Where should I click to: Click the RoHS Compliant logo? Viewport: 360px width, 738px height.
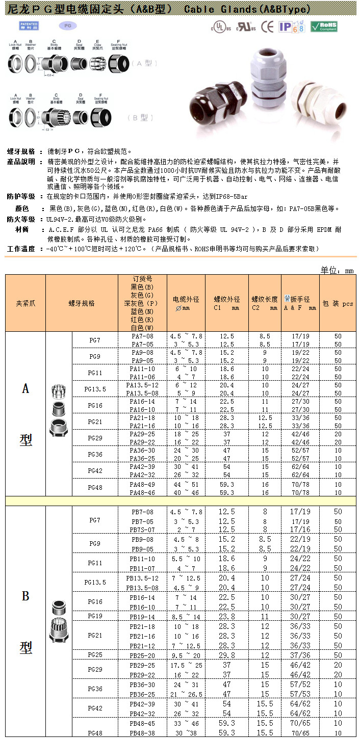tap(324, 27)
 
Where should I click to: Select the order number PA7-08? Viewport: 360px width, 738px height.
tap(142, 337)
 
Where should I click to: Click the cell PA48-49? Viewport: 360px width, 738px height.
tap(142, 485)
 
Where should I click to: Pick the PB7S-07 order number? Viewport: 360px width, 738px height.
tap(142, 530)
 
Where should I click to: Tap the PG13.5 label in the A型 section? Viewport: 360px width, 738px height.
tap(95, 389)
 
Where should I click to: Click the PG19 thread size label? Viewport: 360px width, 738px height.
tap(95, 616)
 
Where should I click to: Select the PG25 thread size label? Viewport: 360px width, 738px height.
tap(95, 655)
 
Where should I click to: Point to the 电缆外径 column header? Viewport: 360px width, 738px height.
tap(186, 303)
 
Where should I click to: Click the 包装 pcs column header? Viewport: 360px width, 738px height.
tap(337, 304)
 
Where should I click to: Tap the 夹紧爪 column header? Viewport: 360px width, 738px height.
tap(25, 303)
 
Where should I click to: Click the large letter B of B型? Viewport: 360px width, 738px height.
tap(25, 596)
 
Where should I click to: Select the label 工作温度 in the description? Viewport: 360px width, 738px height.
tap(21, 249)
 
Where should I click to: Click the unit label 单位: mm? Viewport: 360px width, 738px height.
tap(337, 270)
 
